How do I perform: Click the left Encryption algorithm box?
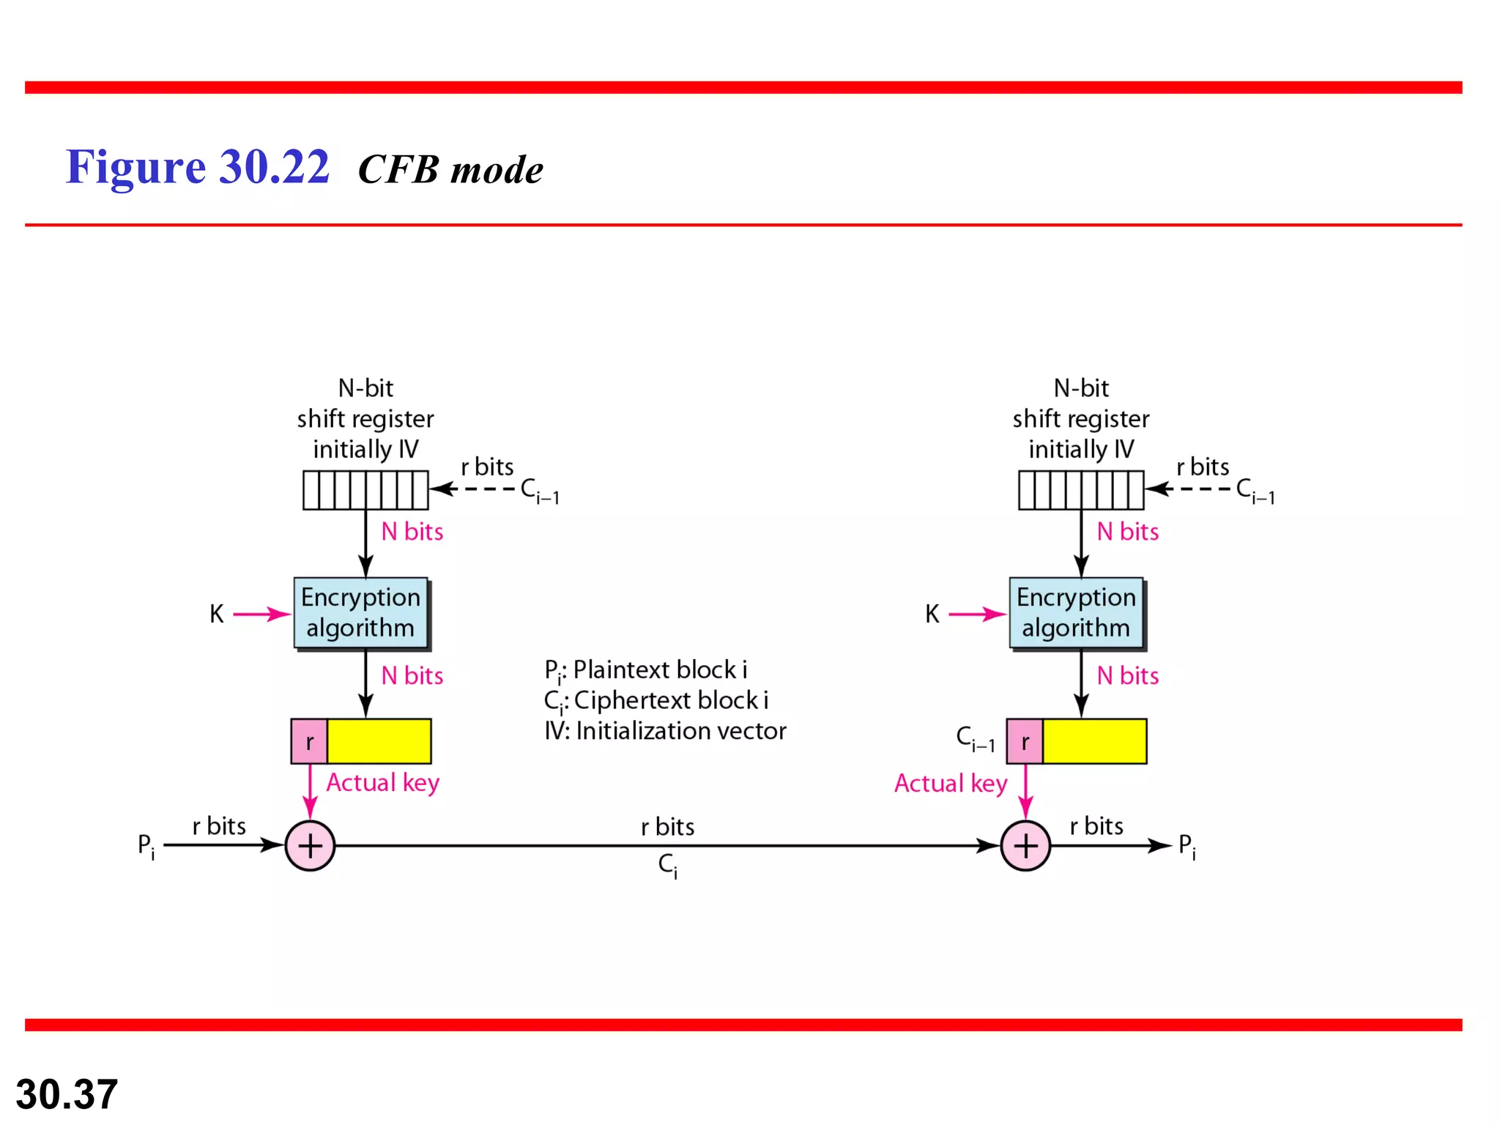click(x=360, y=613)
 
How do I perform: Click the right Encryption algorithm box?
click(x=1076, y=613)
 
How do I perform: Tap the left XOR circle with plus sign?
click(x=310, y=846)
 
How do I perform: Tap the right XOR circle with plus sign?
click(x=1025, y=846)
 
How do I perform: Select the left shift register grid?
click(x=365, y=490)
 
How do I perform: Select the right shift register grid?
click(x=1081, y=490)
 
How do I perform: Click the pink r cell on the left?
click(x=309, y=741)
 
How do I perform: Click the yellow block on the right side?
click(x=1094, y=741)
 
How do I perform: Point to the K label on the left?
click(x=217, y=614)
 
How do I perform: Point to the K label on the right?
click(x=932, y=614)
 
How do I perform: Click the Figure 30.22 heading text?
click(x=198, y=167)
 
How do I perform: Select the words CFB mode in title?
click(x=450, y=170)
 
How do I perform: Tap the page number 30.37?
click(x=67, y=1094)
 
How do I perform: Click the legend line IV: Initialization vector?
click(x=665, y=731)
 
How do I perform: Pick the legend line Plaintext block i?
click(x=646, y=670)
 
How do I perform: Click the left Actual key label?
click(x=382, y=783)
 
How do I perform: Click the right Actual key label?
click(x=951, y=784)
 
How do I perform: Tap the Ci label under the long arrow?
click(x=667, y=866)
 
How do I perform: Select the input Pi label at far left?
click(x=146, y=846)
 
